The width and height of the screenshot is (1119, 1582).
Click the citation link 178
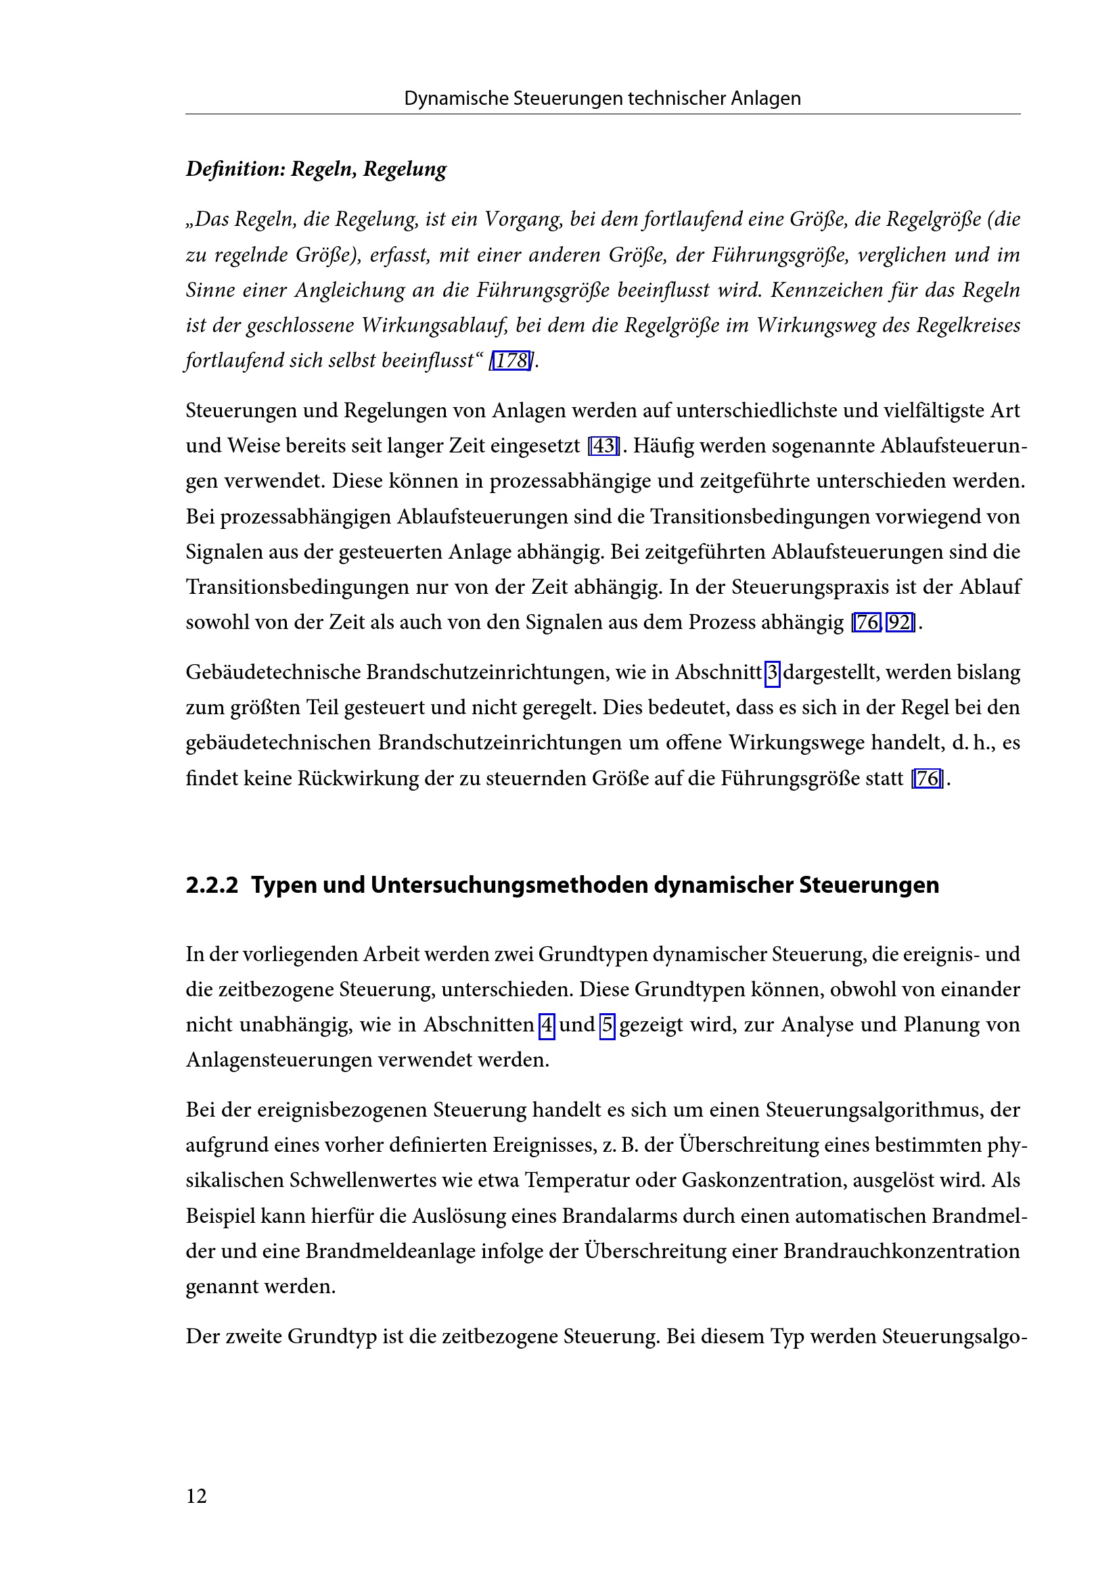tap(511, 360)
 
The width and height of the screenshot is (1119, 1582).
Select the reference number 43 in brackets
tap(603, 446)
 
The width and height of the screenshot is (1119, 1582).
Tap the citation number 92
tap(899, 622)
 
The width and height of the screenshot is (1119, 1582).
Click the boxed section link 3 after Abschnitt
tap(773, 672)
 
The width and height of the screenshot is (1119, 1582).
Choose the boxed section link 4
tap(547, 1025)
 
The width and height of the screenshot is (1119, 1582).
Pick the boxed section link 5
tap(607, 1025)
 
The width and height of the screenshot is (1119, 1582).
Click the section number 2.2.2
tap(212, 885)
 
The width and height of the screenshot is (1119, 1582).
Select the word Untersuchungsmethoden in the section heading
tap(511, 885)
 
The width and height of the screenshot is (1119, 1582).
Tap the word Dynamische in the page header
tap(455, 99)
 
